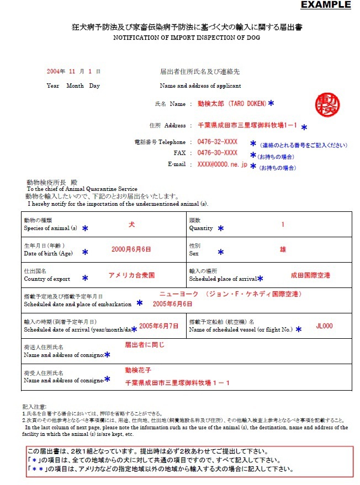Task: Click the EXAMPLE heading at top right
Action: (325, 5)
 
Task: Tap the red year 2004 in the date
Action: (53, 72)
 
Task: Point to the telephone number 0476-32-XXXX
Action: (218, 142)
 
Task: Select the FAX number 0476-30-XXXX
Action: (218, 153)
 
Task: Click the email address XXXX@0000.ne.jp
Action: (222, 164)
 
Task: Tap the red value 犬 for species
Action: (131, 225)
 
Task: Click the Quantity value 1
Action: (283, 225)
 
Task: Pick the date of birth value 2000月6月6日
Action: (131, 249)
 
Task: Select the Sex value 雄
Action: (283, 249)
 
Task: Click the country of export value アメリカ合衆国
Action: (131, 275)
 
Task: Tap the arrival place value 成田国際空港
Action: (310, 275)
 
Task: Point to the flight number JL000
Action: (324, 326)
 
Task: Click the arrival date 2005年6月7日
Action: (158, 326)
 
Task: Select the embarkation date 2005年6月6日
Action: (173, 303)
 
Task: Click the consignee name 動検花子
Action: (138, 370)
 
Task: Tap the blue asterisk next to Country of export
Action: (85, 278)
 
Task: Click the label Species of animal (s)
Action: (50, 228)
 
